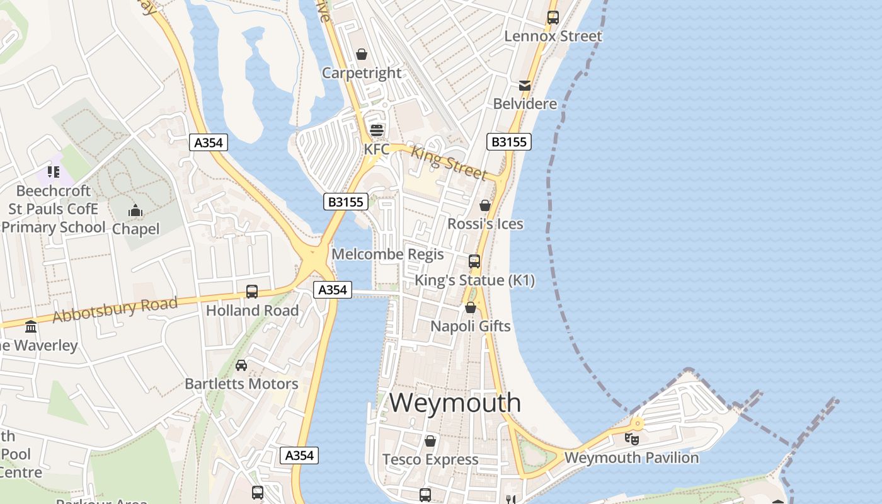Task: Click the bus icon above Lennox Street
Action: (553, 18)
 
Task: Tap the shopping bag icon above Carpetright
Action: (362, 55)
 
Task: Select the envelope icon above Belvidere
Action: (525, 86)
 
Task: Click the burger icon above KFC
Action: (377, 130)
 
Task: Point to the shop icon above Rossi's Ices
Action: (485, 205)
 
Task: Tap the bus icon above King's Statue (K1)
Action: (474, 261)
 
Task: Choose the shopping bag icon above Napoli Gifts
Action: (470, 307)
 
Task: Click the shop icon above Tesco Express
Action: (430, 441)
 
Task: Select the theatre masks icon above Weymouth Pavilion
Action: (632, 439)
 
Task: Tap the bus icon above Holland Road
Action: (252, 292)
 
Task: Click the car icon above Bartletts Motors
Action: (241, 365)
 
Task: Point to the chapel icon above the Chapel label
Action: (135, 210)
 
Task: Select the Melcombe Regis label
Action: (387, 255)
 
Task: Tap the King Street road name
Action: (449, 162)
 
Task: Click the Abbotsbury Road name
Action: (115, 310)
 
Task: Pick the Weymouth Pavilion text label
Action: (631, 458)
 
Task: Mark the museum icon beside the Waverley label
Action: (30, 326)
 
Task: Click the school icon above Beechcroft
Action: (54, 172)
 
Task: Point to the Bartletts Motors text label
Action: (241, 384)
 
